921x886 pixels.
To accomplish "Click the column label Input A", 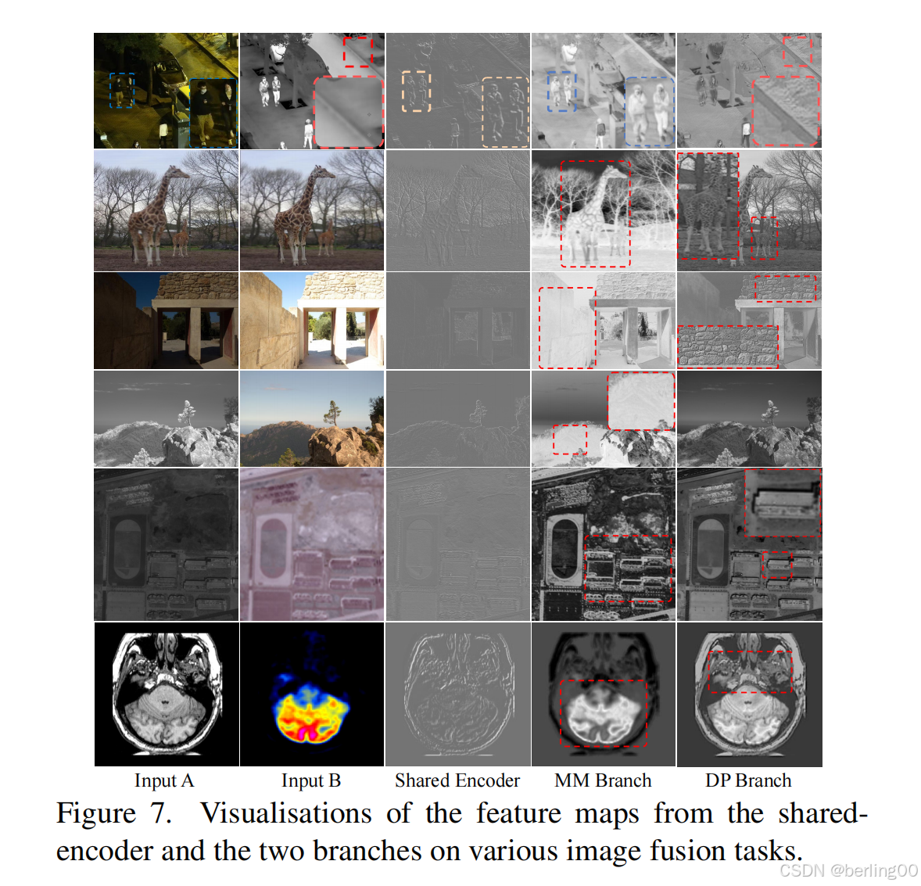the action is [163, 780].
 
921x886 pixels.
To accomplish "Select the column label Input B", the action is [311, 780].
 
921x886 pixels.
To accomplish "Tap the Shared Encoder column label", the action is [457, 780].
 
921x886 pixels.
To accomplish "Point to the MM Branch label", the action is [603, 780].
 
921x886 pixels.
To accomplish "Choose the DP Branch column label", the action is [748, 780].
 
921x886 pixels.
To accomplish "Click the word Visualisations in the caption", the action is [286, 814].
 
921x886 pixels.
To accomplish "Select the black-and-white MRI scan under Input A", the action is [166, 694].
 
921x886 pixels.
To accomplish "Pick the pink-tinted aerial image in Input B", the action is [311, 544].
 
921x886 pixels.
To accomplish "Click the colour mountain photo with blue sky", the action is [311, 418].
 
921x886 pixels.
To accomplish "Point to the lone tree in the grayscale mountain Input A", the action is [187, 411].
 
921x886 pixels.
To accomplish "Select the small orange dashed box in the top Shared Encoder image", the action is [416, 91].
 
